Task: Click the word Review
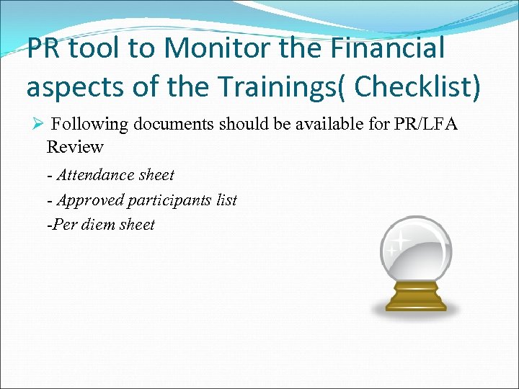click(x=75, y=147)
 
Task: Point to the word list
click(x=226, y=200)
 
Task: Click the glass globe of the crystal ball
click(x=416, y=249)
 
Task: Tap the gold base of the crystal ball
click(x=416, y=297)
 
